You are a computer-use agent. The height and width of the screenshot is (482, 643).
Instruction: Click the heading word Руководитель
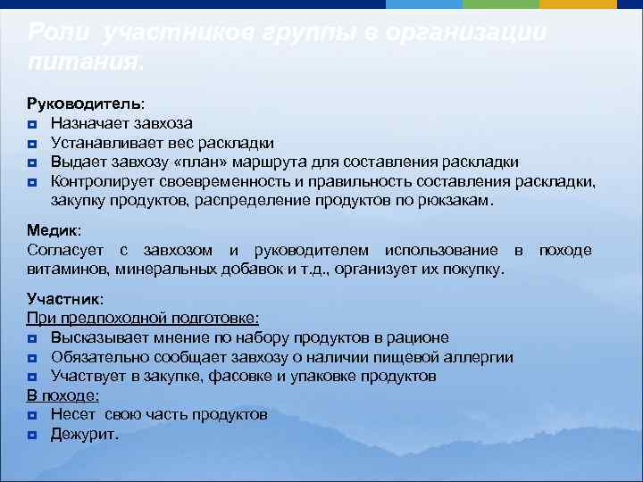78,104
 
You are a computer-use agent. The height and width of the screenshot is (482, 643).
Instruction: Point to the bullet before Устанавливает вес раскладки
32,143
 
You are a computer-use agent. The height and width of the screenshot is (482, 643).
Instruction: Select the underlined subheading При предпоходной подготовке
143,318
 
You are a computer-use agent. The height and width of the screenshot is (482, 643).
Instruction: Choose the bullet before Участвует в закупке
32,377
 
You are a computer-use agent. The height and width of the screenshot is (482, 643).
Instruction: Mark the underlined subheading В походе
63,395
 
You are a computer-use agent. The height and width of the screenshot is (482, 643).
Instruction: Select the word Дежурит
84,435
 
